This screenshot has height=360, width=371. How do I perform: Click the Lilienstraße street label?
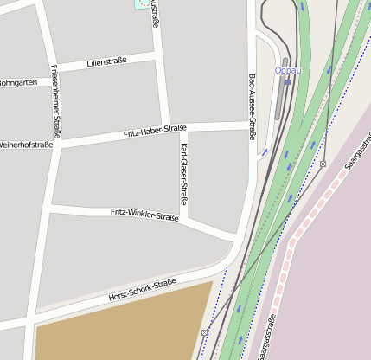[x=106, y=61]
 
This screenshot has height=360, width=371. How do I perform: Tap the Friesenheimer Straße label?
[x=55, y=100]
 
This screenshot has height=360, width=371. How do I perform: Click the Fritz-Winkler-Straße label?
[x=144, y=214]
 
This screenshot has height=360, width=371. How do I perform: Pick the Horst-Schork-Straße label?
[x=142, y=289]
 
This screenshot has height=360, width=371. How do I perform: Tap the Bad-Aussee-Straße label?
[x=252, y=106]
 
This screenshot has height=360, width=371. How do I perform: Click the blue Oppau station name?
[x=288, y=71]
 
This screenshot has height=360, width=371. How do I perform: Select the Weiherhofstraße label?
[x=26, y=145]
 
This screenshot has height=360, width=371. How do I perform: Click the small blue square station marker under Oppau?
[x=288, y=83]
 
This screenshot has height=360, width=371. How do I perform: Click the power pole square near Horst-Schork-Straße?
[x=205, y=332]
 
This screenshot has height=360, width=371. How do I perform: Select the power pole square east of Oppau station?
[x=323, y=164]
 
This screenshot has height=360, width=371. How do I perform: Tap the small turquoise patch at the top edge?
[x=141, y=4]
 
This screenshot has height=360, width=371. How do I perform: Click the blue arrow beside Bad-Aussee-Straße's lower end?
[x=265, y=152]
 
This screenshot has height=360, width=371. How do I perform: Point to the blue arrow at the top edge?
[x=302, y=4]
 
